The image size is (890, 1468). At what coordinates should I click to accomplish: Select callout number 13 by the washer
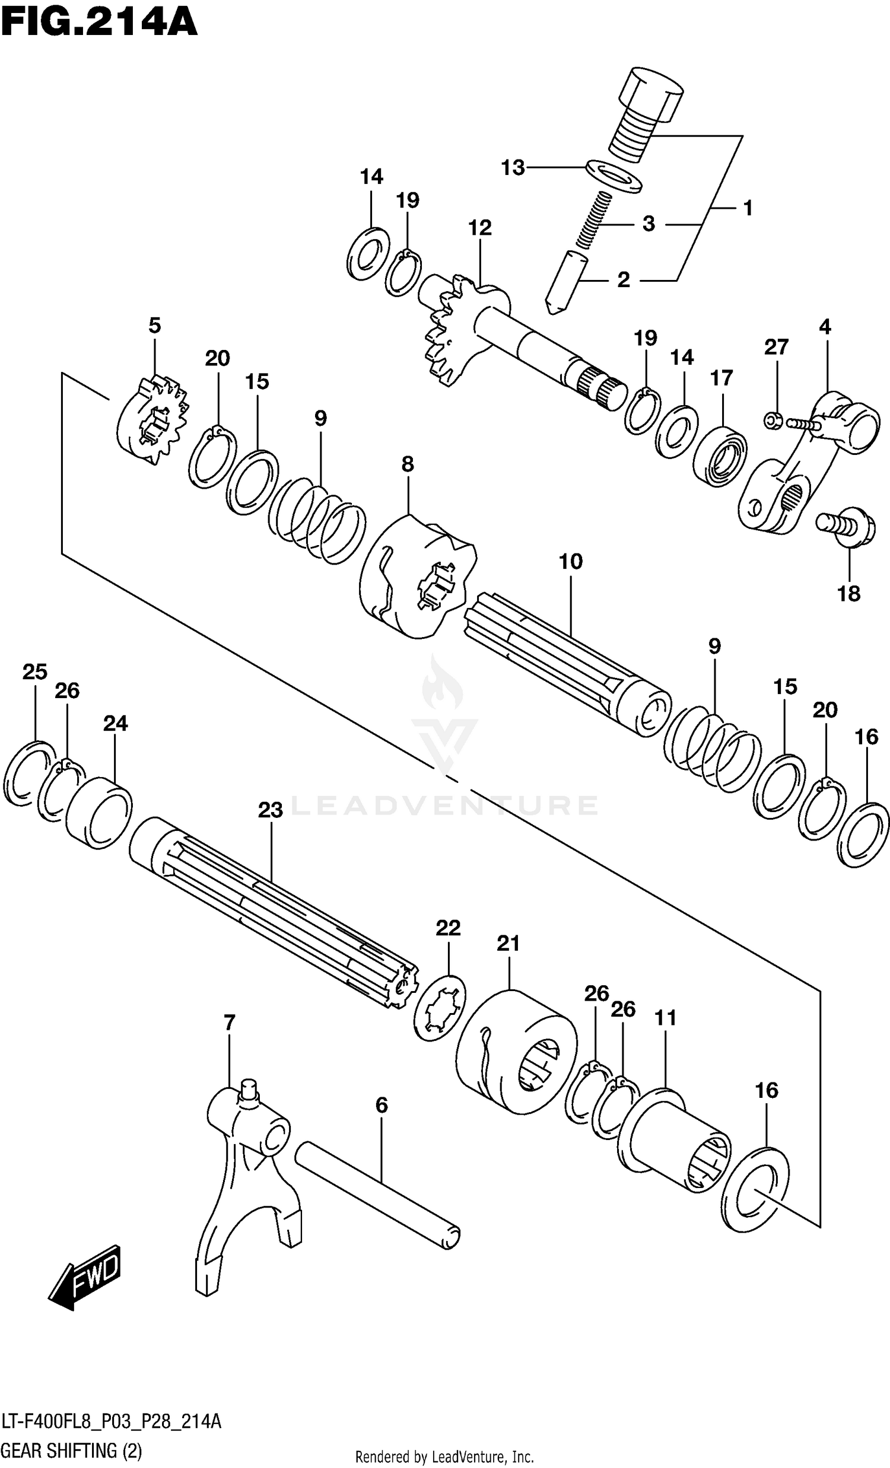[x=513, y=168]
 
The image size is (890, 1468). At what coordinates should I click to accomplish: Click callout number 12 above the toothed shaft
[x=480, y=228]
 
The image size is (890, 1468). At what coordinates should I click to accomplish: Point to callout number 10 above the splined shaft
[x=570, y=561]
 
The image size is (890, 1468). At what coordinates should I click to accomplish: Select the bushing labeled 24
[x=99, y=811]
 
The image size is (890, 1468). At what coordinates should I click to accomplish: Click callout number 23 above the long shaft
[x=270, y=810]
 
